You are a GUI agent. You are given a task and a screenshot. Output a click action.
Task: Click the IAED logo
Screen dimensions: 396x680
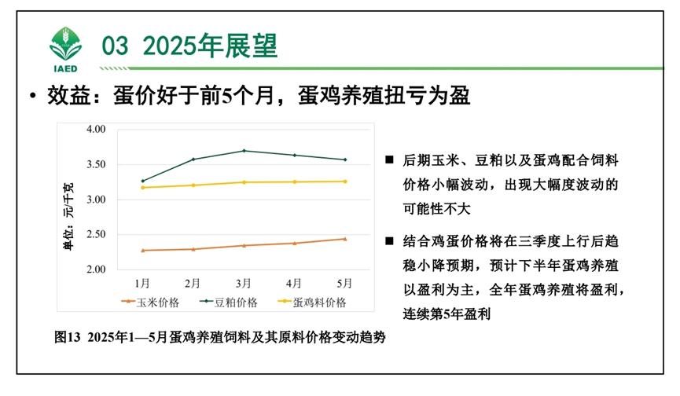pos(65,49)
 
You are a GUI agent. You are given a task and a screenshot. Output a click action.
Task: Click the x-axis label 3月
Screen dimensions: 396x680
pos(243,282)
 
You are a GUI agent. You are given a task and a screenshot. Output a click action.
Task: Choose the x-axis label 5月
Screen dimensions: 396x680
pos(344,282)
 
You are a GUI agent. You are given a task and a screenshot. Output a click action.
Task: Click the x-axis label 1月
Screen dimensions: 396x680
pos(142,282)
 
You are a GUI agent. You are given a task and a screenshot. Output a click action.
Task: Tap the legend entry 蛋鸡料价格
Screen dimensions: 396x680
pos(319,302)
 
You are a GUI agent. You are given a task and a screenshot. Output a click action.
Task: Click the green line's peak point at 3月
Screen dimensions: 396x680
pos(244,151)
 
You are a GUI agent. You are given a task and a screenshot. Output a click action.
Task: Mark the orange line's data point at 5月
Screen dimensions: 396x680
pos(344,239)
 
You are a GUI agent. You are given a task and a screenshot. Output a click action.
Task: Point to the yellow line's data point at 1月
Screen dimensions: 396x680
pos(143,187)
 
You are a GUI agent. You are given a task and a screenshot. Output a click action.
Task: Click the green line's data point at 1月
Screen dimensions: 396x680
pos(143,181)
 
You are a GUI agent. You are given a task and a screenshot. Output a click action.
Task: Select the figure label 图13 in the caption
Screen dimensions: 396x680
pos(68,337)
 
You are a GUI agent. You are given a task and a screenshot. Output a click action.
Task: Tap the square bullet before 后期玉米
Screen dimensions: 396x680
pos(388,159)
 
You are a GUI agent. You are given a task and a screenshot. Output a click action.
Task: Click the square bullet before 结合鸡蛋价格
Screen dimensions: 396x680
pos(388,240)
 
